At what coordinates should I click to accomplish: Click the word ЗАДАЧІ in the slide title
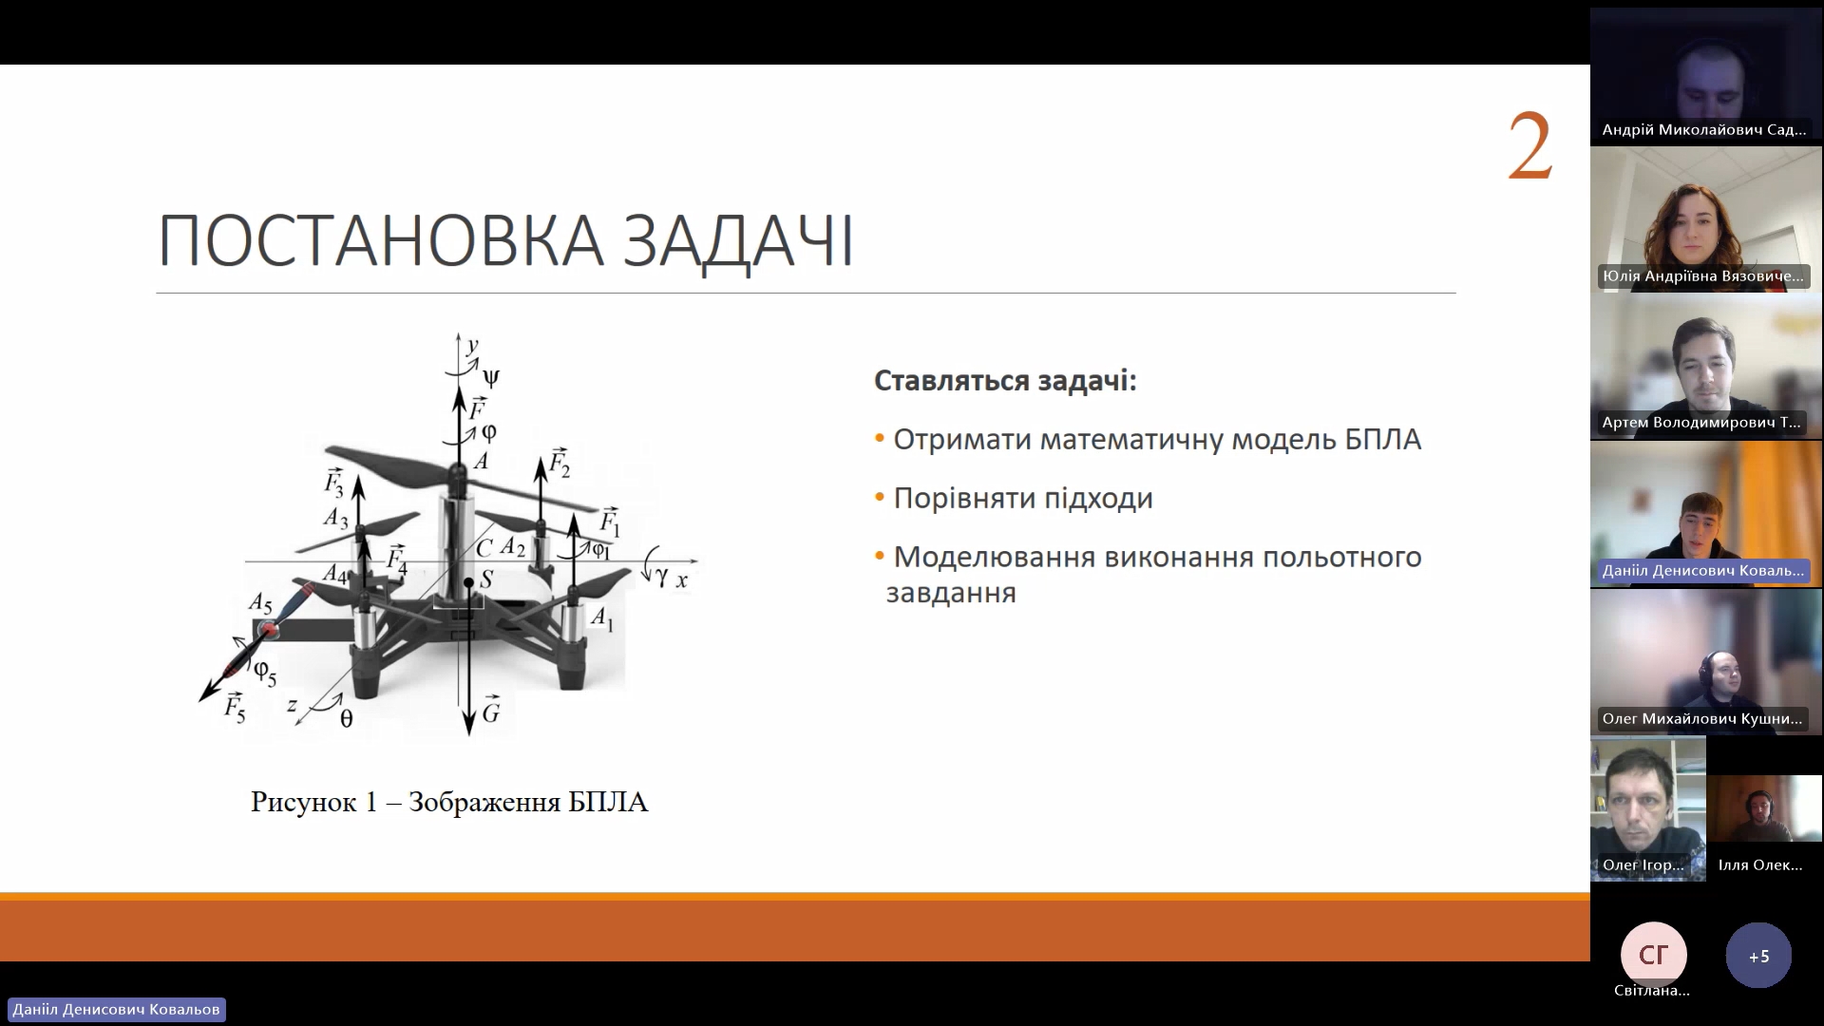pyautogui.click(x=739, y=241)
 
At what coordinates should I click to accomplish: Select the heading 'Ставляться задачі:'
pyautogui.click(x=1005, y=381)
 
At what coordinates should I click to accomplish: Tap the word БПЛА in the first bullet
pyautogui.click(x=1382, y=440)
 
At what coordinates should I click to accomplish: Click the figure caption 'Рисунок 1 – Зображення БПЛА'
pyautogui.click(x=449, y=802)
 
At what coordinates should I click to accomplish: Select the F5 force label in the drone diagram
pyautogui.click(x=235, y=708)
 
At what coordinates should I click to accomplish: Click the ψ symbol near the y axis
pyautogui.click(x=491, y=377)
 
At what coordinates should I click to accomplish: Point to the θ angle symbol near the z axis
pyautogui.click(x=346, y=719)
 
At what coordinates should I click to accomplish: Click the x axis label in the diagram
pyautogui.click(x=681, y=579)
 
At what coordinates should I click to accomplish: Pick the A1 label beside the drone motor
pyautogui.click(x=602, y=618)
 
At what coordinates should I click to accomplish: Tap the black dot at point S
pyautogui.click(x=468, y=582)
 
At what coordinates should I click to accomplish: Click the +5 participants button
pyautogui.click(x=1758, y=956)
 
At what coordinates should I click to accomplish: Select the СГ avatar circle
pyautogui.click(x=1654, y=956)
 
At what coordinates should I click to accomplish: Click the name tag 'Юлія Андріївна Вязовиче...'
pyautogui.click(x=1702, y=275)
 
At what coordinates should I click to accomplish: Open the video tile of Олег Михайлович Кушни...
pyautogui.click(x=1706, y=662)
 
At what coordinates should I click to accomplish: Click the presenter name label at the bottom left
pyautogui.click(x=116, y=1009)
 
